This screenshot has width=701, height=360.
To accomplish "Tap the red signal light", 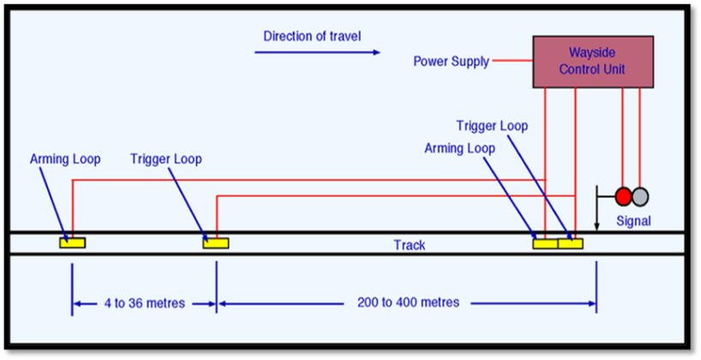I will [x=623, y=196].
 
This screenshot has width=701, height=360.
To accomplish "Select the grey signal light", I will [x=640, y=196].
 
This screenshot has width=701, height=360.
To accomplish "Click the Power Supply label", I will [x=451, y=62].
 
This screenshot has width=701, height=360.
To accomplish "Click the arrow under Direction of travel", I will [x=316, y=52].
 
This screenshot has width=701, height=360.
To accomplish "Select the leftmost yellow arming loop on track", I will [x=72, y=243].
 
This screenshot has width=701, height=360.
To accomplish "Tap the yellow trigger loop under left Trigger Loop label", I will [x=215, y=243].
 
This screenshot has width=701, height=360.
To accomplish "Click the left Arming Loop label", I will [x=65, y=159].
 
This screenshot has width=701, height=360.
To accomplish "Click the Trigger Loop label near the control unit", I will [x=492, y=126].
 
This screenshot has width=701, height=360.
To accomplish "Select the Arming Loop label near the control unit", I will [x=459, y=148].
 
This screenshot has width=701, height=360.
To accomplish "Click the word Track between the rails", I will [x=410, y=245].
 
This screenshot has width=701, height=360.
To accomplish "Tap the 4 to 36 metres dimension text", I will [x=144, y=303].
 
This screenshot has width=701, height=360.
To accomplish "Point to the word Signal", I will [x=633, y=221].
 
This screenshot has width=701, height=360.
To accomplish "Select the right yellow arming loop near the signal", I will [x=545, y=243].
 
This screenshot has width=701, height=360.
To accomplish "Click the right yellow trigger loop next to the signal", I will [x=570, y=243].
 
